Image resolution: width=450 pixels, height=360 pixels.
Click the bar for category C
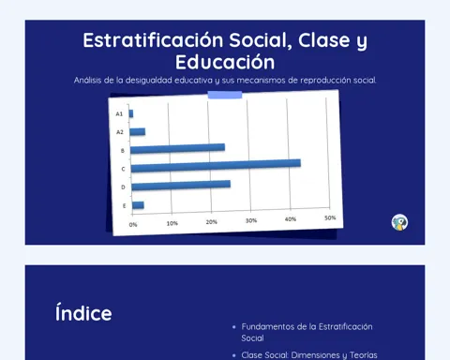tap(216, 166)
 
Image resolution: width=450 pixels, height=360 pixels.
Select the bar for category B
tap(177, 148)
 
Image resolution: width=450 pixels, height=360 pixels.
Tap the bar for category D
tap(181, 186)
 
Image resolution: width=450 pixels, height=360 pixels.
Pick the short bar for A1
tap(131, 113)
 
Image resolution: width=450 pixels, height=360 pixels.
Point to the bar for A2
tap(138, 131)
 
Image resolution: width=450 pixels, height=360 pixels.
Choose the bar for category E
tap(138, 205)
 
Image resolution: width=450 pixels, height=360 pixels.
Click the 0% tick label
tap(133, 225)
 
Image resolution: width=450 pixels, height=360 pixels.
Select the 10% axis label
tap(172, 223)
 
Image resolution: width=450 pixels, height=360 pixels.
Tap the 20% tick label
tap(212, 222)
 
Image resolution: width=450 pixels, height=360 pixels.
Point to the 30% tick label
tap(251, 220)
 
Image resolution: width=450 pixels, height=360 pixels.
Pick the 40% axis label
tap(291, 219)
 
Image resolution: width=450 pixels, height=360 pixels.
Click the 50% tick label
tap(330, 217)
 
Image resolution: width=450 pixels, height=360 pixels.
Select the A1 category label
tap(119, 113)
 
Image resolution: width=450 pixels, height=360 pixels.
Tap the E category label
tap(124, 206)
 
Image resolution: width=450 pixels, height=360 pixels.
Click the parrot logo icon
tap(399, 222)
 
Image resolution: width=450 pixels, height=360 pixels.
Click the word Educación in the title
tap(225, 62)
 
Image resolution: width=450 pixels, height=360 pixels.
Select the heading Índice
tap(83, 312)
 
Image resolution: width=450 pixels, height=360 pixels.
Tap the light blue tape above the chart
tap(225, 95)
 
